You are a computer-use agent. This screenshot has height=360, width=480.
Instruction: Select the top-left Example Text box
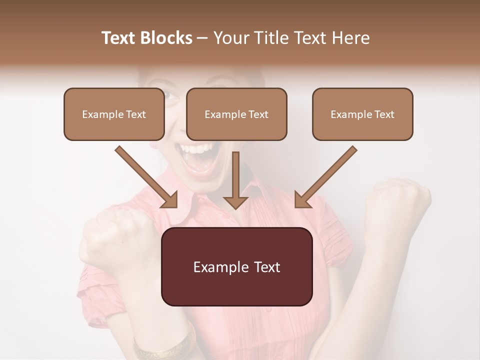114,114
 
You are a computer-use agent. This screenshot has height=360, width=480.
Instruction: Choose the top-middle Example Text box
236,114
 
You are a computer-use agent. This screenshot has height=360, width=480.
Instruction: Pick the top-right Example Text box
362,114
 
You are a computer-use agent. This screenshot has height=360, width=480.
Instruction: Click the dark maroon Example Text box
236,266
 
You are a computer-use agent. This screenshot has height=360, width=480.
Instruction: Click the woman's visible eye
170,94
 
